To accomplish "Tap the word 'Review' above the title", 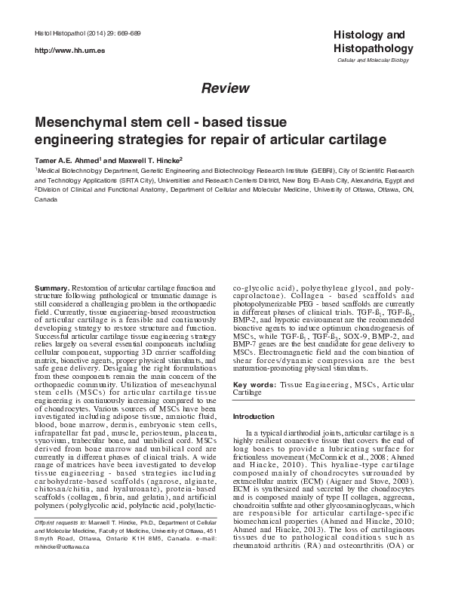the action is click(225, 88).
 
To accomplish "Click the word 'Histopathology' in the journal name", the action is click(368, 48).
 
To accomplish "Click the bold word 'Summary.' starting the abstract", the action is click(54, 288).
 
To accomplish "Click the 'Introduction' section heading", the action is click(254, 417).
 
